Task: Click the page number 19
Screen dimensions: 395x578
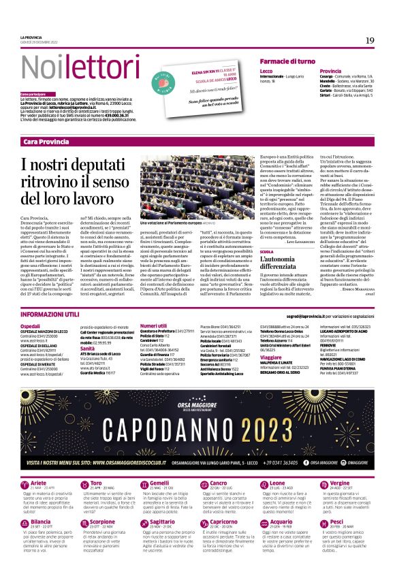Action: [370, 40]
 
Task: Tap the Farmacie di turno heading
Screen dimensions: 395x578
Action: [287, 61]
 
